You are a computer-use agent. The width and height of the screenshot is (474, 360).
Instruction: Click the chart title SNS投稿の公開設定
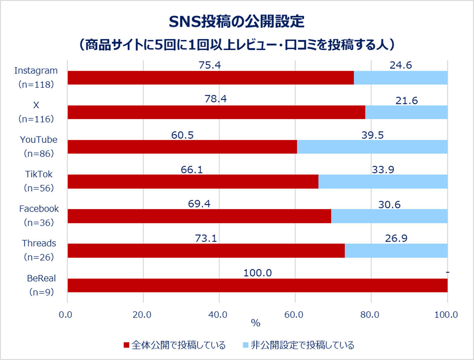pos(236,22)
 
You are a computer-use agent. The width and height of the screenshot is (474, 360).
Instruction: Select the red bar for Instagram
pos(211,78)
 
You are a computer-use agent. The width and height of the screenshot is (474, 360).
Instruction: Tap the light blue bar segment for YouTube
pos(372,147)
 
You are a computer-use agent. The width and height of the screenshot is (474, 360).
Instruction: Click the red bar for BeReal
pos(257,285)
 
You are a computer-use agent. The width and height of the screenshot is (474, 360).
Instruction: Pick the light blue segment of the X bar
pos(406,113)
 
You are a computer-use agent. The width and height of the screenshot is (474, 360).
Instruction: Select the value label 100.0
pos(257,273)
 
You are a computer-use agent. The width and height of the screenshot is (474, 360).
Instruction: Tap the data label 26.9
pos(396,238)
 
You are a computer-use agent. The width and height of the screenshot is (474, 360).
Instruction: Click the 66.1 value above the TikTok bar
pos(192,169)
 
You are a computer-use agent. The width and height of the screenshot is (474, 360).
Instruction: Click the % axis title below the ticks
pos(256,324)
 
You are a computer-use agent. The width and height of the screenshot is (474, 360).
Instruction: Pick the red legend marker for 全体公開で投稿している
pos(126,345)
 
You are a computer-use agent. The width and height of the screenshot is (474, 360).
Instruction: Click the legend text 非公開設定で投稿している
pos(302,345)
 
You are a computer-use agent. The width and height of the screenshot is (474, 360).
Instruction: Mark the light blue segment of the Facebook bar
pos(389,216)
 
